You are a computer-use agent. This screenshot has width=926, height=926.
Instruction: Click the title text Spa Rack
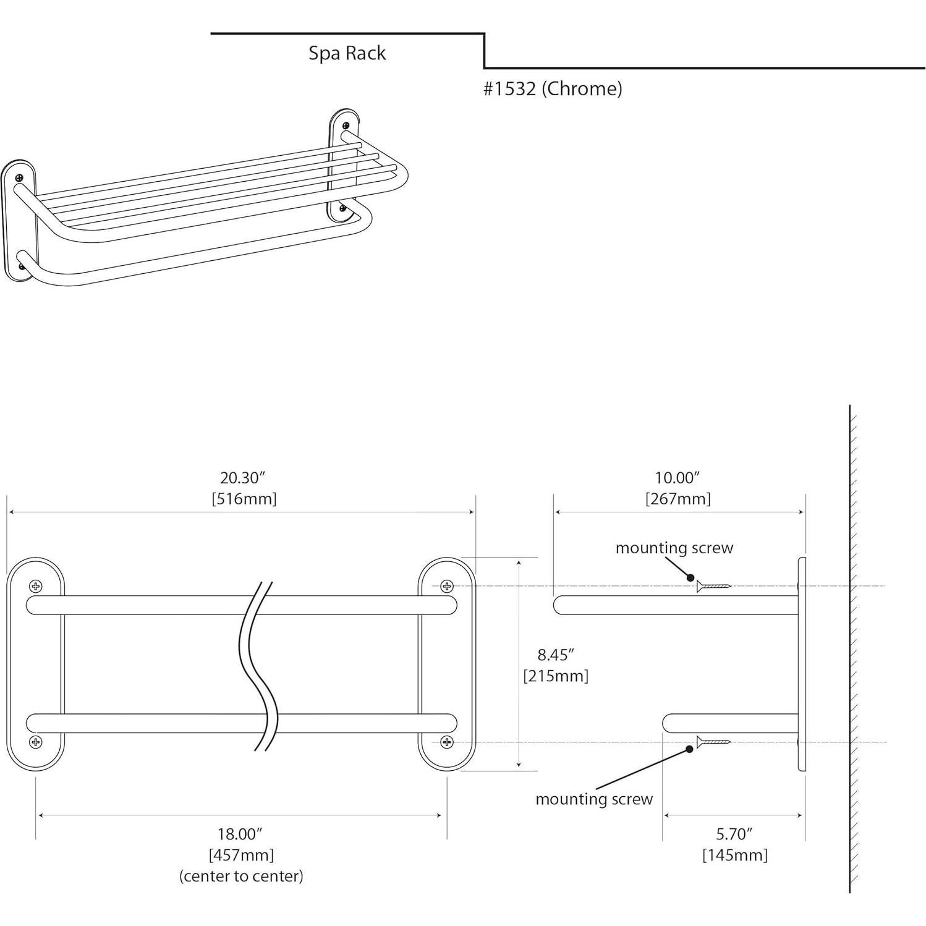(x=347, y=53)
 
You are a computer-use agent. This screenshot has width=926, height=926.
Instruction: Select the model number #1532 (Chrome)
(x=552, y=89)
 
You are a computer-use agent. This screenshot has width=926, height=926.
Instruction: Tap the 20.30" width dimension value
(x=242, y=478)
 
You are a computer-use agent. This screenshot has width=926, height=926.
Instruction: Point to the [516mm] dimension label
(x=244, y=499)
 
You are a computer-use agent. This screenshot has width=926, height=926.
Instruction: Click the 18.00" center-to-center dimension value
(x=240, y=834)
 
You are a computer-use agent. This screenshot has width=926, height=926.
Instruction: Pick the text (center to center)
(x=241, y=876)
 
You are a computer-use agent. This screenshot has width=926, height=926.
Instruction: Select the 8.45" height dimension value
(x=556, y=655)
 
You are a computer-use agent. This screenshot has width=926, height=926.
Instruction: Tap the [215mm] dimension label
(x=556, y=676)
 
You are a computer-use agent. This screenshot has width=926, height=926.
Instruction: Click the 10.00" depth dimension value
(x=677, y=478)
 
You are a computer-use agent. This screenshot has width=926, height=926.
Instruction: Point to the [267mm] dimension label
(x=678, y=499)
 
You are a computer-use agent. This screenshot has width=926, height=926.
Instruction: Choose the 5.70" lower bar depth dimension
(x=734, y=834)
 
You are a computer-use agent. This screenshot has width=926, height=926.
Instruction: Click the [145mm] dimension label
(x=734, y=855)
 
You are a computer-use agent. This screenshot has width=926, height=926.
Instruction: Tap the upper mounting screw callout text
(x=674, y=548)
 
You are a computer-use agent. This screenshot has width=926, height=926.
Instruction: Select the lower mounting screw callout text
(x=593, y=799)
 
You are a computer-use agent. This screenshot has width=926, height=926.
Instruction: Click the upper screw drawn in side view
(x=713, y=586)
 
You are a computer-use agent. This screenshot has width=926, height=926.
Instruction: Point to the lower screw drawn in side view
(x=713, y=742)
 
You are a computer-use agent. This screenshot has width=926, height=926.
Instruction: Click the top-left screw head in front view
(x=36, y=586)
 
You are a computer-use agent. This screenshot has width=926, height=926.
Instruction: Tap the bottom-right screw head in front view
(x=446, y=742)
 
